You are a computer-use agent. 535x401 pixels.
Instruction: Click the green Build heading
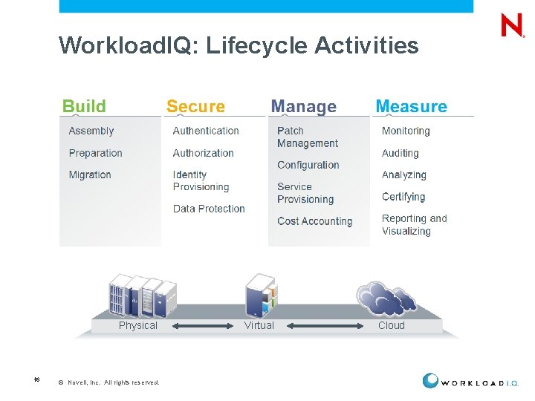[84, 106]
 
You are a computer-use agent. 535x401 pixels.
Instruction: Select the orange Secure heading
[195, 106]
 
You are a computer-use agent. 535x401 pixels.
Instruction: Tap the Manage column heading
[303, 106]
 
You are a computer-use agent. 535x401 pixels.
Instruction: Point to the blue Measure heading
[411, 106]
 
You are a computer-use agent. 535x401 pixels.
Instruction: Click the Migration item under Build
[90, 175]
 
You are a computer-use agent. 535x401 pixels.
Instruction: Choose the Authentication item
[206, 131]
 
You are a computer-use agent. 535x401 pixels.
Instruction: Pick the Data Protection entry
[209, 209]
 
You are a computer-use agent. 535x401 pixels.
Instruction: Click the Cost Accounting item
[314, 221]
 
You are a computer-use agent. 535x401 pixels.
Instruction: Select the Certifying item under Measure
[403, 197]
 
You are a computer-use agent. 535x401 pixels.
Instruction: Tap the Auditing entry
[401, 153]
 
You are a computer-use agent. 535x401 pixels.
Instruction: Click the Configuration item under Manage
[308, 165]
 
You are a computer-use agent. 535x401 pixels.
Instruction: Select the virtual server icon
[261, 295]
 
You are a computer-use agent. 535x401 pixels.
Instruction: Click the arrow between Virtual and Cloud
[325, 325]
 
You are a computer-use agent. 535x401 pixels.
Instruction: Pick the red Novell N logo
[512, 26]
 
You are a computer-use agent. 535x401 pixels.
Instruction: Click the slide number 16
[36, 379]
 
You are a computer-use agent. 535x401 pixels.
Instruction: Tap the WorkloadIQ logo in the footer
[471, 382]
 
